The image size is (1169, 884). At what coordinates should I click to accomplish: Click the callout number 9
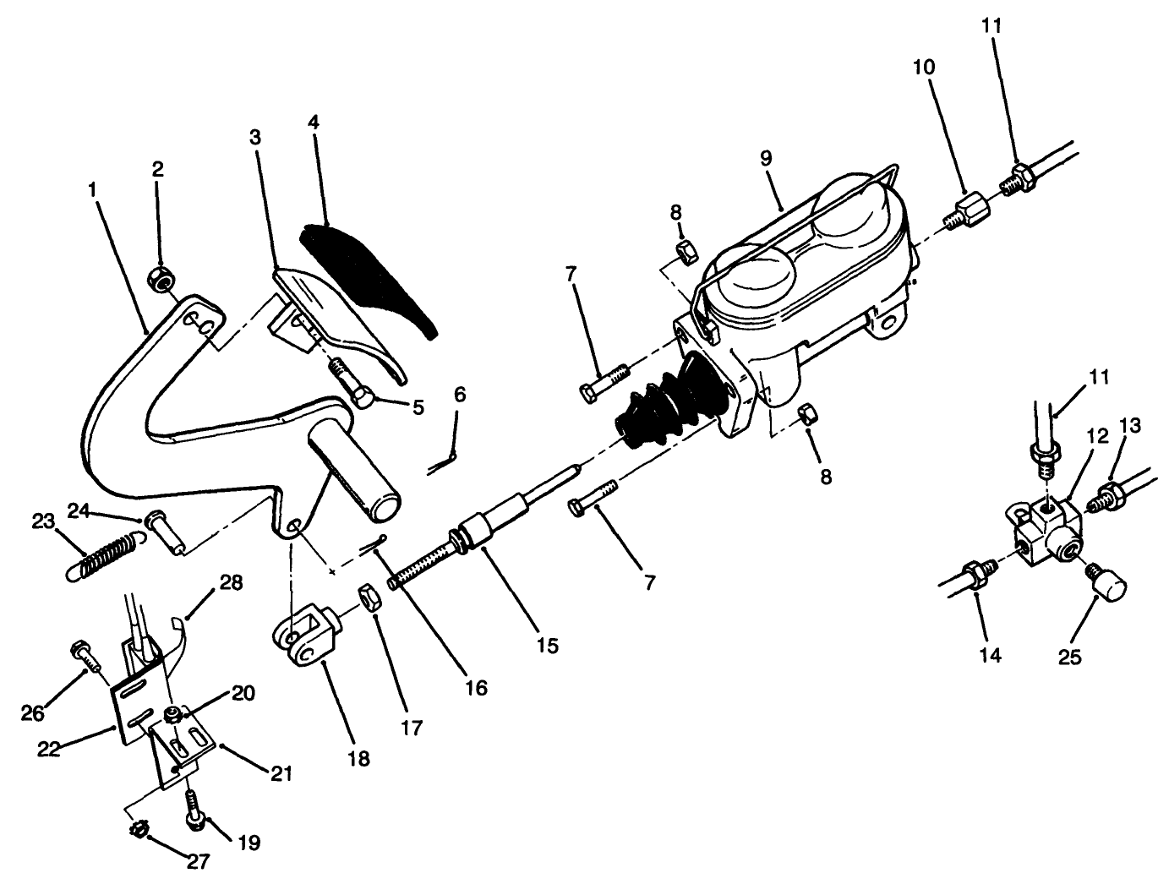767,156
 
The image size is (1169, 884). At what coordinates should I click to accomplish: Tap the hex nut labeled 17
370,596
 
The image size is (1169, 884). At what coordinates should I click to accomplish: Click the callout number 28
230,583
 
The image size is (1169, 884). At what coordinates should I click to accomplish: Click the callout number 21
281,772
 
